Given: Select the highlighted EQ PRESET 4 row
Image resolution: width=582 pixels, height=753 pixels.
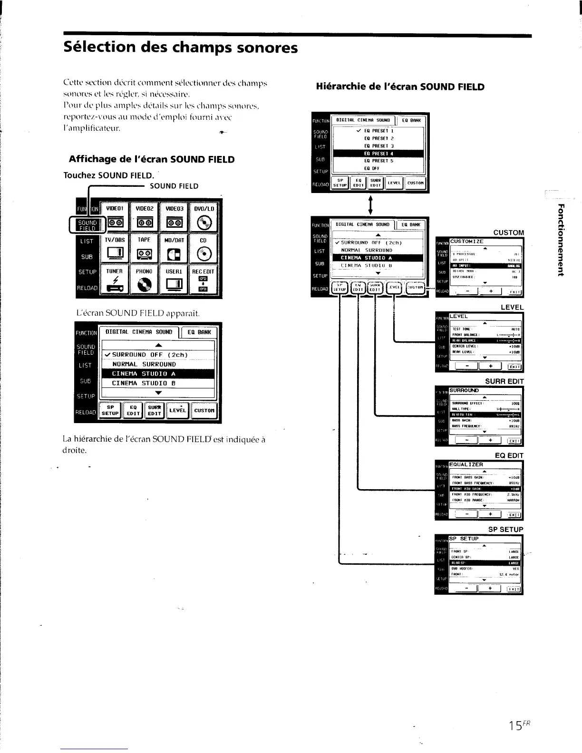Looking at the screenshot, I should [x=378, y=154].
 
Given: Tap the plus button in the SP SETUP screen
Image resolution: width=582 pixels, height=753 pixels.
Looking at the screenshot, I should [x=490, y=589].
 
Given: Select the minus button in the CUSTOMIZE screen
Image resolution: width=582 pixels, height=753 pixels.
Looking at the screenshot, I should [x=467, y=291].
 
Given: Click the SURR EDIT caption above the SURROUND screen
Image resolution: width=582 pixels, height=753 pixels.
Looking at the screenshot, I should [x=504, y=381].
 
